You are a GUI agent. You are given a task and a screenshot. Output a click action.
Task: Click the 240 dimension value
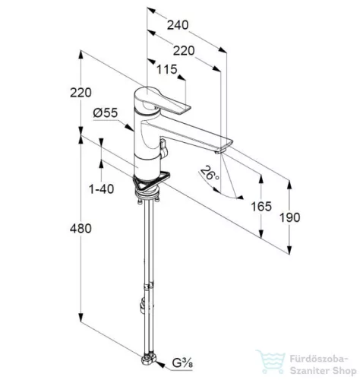click(x=178, y=25)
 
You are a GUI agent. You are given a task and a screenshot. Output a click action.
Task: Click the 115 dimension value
click(x=166, y=69)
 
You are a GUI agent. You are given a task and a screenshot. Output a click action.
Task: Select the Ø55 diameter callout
click(x=106, y=112)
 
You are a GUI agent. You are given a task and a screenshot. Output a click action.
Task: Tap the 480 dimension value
click(x=81, y=229)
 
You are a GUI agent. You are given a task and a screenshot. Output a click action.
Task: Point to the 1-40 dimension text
click(x=102, y=188)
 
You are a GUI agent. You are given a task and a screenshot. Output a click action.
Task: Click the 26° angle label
click(x=210, y=173)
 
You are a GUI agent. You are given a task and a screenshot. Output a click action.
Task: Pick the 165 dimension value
click(x=261, y=206)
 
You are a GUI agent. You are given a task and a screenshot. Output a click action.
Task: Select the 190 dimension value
click(x=289, y=217)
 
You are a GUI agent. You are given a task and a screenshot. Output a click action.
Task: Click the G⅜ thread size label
click(x=182, y=363)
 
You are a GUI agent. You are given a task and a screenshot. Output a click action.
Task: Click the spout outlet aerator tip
click(x=220, y=152)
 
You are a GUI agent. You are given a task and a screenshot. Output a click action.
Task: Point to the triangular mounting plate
click(x=151, y=181)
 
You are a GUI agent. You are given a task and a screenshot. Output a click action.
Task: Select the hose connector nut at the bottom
click(x=149, y=359)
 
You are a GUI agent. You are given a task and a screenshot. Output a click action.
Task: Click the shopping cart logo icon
click(x=270, y=362)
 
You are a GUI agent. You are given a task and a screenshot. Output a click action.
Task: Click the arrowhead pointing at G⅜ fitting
click(x=160, y=365)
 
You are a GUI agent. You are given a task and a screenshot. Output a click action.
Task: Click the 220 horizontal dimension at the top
click(x=184, y=51)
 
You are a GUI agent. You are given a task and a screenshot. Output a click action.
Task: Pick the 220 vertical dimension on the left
click(x=81, y=93)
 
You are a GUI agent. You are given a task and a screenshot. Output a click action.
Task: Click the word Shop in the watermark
click(x=343, y=371)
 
